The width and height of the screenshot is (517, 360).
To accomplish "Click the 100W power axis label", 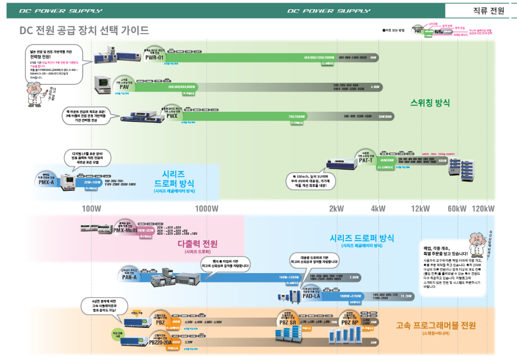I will click(x=91, y=208).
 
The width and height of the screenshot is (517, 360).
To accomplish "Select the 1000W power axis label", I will click(x=207, y=208).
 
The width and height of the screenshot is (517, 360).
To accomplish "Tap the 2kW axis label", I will click(x=336, y=208).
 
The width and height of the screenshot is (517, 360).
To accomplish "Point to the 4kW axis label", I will click(x=378, y=208).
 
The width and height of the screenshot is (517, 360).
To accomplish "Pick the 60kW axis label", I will click(x=457, y=208).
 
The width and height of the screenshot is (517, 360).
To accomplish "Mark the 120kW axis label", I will click(x=483, y=208).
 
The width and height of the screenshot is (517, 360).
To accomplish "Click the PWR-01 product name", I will click(x=154, y=57).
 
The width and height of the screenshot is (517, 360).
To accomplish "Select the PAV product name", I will click(x=124, y=87).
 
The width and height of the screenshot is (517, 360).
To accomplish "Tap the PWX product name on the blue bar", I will click(x=172, y=116).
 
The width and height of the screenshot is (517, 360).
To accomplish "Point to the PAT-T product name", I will click(x=366, y=160).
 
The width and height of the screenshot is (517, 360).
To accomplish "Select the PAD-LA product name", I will click(x=311, y=296).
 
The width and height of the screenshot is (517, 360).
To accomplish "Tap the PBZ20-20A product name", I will click(x=160, y=342).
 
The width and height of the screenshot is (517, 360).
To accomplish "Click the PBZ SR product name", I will click(x=287, y=322).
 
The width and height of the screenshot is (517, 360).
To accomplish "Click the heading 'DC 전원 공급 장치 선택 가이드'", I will click(x=84, y=31).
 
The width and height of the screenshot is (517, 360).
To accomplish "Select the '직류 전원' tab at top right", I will click(x=481, y=10).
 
